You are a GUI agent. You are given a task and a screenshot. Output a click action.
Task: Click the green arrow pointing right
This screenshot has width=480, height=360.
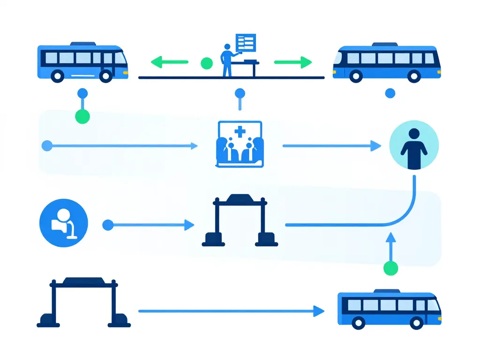pos(293,62)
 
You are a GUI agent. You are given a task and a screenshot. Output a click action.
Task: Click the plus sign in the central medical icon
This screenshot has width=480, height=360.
pos(240,132)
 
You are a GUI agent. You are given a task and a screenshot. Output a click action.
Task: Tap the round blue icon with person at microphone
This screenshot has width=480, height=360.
pos(64,224)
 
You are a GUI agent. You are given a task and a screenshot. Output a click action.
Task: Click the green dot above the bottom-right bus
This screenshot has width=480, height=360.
pos(390,268)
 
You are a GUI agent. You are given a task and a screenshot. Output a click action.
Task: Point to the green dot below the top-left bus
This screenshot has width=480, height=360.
pos(82,116)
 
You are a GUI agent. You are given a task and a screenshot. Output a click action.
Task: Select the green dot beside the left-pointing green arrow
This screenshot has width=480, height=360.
pos(206,63)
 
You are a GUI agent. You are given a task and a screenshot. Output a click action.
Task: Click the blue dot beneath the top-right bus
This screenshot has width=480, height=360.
pos(390,94)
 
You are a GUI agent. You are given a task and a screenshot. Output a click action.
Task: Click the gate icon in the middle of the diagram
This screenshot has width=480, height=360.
pos(240,220)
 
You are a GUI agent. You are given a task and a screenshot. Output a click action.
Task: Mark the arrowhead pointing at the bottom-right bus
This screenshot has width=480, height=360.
pos(319,310)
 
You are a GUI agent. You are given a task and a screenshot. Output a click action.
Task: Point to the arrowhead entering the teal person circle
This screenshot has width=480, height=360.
pos(375,146)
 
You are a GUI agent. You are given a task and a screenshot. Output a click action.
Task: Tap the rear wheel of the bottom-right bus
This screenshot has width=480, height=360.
pos(359,322)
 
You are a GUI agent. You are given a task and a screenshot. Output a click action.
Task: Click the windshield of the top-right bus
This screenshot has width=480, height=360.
pos(338,59)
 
